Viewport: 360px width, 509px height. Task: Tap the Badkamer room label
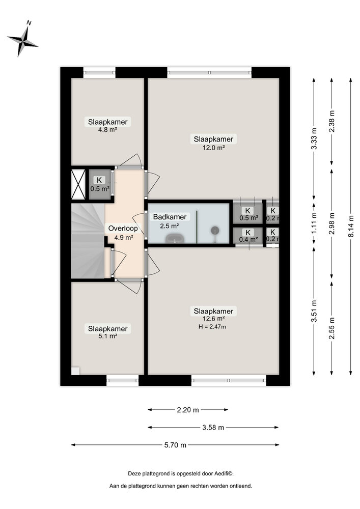click(170, 217)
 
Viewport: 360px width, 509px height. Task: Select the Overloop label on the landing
click(123, 229)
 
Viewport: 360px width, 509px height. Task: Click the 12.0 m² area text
click(214, 148)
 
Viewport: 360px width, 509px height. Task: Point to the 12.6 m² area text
click(213, 319)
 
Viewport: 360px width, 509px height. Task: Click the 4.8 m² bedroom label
click(108, 130)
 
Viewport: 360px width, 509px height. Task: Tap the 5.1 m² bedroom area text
click(107, 336)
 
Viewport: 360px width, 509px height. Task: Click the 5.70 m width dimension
click(175, 445)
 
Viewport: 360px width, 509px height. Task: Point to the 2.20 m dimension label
click(188, 409)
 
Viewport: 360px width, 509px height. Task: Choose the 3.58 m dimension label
click(213, 428)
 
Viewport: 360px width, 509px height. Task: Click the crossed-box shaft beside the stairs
click(78, 184)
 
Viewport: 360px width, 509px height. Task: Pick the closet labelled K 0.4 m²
click(248, 236)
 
